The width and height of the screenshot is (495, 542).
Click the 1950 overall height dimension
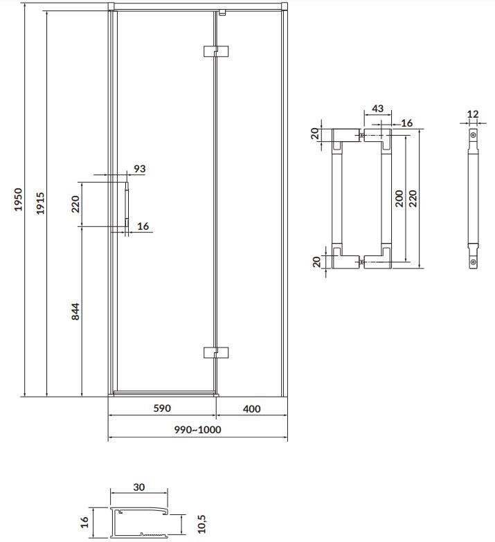click(x=18, y=199)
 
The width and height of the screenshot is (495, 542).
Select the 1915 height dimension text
click(x=40, y=204)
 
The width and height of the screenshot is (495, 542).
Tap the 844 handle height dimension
click(x=75, y=311)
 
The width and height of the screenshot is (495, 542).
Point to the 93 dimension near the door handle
click(x=140, y=169)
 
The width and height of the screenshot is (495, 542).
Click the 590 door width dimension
click(x=162, y=408)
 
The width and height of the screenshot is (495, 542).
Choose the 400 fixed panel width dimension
click(x=251, y=409)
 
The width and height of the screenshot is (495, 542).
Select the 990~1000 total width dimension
click(x=197, y=430)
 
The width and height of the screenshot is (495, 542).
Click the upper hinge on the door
click(x=216, y=51)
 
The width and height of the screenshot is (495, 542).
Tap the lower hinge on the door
click(x=216, y=352)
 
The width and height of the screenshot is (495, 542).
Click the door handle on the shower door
click(x=127, y=205)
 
